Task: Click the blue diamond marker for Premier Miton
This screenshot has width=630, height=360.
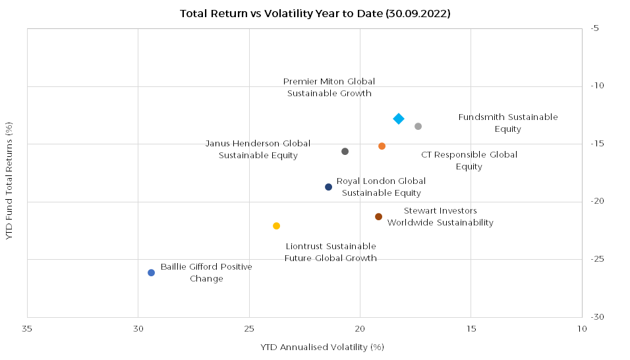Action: click(399, 119)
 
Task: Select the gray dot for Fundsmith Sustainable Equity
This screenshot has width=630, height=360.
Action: click(418, 127)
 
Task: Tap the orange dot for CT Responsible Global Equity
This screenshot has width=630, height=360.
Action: click(382, 146)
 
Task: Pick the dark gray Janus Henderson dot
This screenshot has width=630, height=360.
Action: click(345, 152)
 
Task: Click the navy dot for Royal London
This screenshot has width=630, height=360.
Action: click(328, 187)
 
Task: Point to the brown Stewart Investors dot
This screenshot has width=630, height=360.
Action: click(378, 217)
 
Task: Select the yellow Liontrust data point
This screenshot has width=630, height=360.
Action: click(276, 226)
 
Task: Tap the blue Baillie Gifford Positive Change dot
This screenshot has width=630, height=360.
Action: click(151, 273)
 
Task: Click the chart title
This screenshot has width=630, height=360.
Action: click(315, 13)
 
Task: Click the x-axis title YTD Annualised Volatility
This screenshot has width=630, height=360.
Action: click(322, 347)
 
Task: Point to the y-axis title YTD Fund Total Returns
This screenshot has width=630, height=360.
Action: click(9, 181)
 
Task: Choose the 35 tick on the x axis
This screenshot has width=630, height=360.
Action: click(27, 328)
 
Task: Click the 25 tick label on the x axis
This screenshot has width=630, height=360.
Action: click(249, 328)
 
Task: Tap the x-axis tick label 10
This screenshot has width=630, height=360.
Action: click(582, 328)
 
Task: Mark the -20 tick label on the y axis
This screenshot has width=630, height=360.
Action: click(596, 202)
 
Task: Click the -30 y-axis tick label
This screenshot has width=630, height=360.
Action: click(596, 317)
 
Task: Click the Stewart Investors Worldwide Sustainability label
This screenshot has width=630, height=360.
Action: click(440, 217)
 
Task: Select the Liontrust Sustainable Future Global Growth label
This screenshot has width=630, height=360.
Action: click(331, 253)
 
